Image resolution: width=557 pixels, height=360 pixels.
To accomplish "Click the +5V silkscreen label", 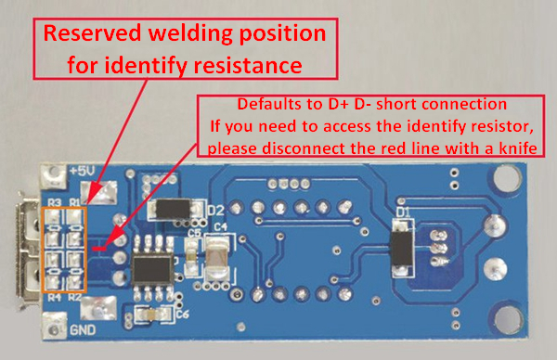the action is pos(83,171).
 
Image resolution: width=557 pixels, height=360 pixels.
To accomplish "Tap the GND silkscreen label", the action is pos(83,330).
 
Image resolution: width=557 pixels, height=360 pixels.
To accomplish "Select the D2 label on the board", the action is pos(216,211).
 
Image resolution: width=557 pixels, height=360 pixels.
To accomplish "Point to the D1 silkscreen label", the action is pos(403,212).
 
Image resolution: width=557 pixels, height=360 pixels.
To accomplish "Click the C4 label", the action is pos(221,226).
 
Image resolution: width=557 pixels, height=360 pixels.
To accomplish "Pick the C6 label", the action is pos(183,315).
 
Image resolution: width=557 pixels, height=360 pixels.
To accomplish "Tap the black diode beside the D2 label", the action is pos(174,209).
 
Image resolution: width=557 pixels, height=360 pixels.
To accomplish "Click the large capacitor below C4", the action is pos(218,256).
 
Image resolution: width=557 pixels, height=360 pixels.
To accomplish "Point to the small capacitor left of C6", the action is pos(152,315).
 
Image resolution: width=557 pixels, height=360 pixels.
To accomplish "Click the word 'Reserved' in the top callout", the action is pos(92,33).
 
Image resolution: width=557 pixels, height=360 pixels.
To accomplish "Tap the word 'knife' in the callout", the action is pos(518,148).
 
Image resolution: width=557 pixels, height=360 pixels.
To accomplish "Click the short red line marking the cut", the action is pos(99,249).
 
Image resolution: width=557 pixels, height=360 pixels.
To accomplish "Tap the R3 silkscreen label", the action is pos(55,202).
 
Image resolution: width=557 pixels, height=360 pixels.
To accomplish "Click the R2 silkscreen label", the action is pos(74,297).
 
